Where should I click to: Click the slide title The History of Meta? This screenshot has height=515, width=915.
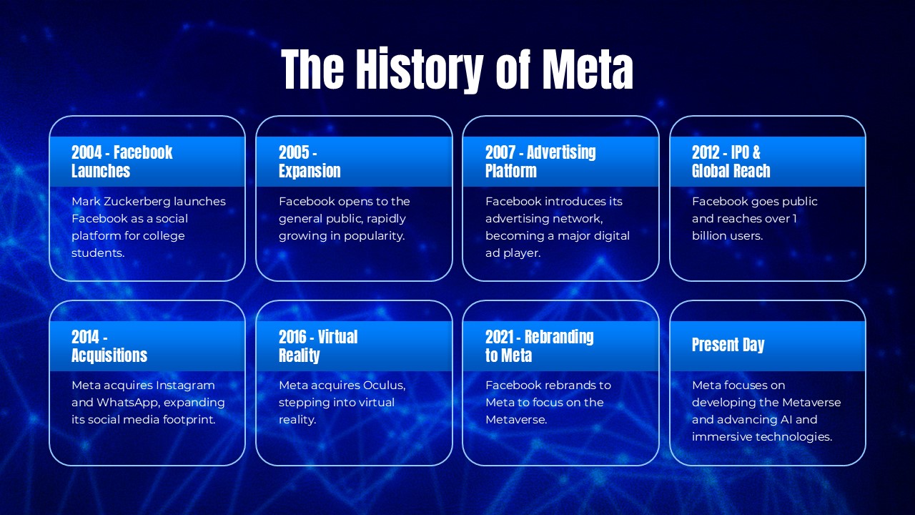(457, 69)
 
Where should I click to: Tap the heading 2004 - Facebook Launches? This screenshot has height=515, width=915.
(122, 162)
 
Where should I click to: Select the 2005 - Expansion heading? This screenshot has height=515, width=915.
(309, 162)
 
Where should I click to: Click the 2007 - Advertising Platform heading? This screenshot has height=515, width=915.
(540, 162)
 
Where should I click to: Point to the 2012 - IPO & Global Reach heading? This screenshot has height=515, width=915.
(731, 162)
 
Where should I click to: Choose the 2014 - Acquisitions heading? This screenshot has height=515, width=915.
(109, 346)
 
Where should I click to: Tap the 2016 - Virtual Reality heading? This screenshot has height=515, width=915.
(317, 346)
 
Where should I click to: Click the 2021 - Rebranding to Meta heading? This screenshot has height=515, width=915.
(539, 346)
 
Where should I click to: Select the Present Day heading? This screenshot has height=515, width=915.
(728, 345)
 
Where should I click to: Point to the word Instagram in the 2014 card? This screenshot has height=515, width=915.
(185, 386)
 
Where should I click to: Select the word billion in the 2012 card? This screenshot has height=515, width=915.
(711, 236)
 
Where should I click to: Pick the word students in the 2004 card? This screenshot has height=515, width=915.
(98, 253)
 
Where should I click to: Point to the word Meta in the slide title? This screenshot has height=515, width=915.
(587, 69)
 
